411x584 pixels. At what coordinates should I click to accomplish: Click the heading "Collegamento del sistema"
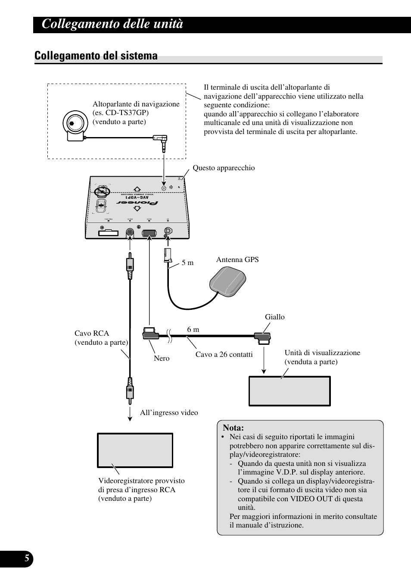(96, 56)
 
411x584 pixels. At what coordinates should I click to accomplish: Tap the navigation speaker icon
(73, 125)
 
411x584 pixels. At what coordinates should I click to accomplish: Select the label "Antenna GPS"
(237, 259)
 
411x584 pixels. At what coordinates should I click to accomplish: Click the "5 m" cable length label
(187, 262)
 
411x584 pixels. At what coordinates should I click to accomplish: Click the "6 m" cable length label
(193, 329)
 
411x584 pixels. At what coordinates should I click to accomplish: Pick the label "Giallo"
(275, 317)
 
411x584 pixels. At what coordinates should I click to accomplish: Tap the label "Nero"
(162, 358)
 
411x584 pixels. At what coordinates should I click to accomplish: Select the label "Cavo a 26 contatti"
(224, 354)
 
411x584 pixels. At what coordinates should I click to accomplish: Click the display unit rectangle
(290, 391)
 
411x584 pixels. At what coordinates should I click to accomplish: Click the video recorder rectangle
(135, 450)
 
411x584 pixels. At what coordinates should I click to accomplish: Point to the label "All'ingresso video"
(169, 412)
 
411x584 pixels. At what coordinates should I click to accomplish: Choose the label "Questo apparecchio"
(224, 168)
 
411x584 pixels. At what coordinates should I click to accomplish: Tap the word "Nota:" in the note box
(233, 428)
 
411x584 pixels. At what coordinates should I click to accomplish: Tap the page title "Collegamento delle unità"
(113, 25)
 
